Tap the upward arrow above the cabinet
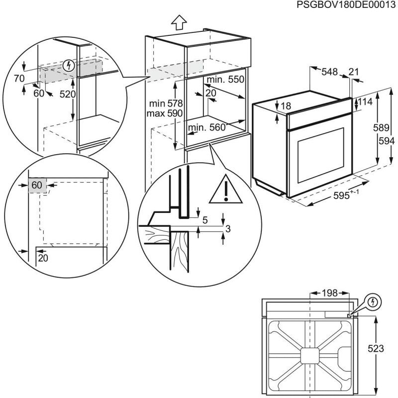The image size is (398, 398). pos(178,22)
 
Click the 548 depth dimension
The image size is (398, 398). pos(329,72)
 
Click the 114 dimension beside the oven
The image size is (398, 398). pos(365,102)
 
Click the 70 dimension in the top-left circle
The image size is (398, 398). pos(19,78)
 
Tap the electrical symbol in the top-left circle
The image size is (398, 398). pos(69,65)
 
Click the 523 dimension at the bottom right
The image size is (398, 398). pos(376,349)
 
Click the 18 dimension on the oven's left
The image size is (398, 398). pos(285,106)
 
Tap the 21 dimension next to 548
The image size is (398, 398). pos(354,72)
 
